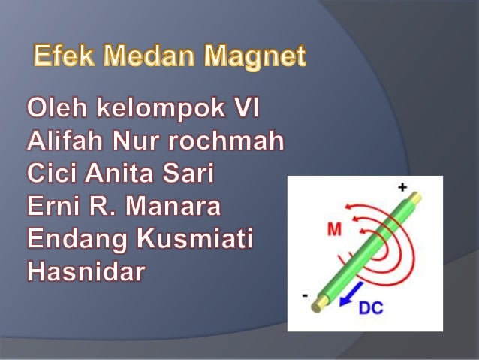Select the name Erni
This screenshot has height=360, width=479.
53,207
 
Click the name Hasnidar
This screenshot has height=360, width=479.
85,272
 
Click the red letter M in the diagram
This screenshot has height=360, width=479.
335,231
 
